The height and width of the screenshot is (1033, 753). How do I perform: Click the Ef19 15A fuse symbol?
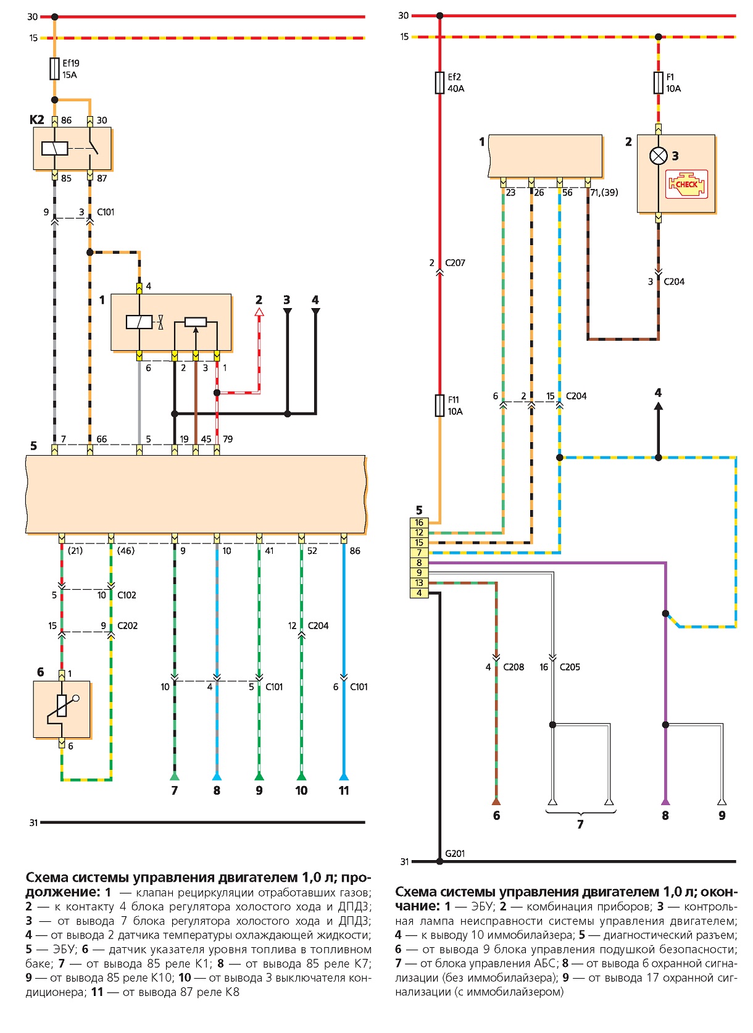pos(54,69)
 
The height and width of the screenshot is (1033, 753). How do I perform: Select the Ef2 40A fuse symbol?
pos(439,83)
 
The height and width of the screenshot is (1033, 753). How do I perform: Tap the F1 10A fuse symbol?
pos(658,83)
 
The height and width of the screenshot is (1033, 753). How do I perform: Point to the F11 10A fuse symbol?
pos(439,406)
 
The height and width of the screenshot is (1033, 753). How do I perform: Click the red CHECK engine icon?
pos(686,184)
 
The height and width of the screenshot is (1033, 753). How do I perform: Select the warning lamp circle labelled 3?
pos(658,156)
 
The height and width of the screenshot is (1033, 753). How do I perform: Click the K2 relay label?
pos(36,120)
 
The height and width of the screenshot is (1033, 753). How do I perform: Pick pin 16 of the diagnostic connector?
pos(418,522)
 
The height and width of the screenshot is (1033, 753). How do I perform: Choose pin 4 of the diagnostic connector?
pos(418,593)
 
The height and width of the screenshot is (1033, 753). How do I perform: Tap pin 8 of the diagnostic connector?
pos(418,563)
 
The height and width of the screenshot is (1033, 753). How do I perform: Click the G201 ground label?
pos(455,853)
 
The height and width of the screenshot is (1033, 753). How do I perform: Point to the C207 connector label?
pos(455,263)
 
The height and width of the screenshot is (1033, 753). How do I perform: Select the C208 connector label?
pos(514,667)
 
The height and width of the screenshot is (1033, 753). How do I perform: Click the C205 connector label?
pos(570,667)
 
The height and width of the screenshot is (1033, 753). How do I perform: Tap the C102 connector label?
pos(127,595)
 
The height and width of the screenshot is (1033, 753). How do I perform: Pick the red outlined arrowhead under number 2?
pos(259,312)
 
